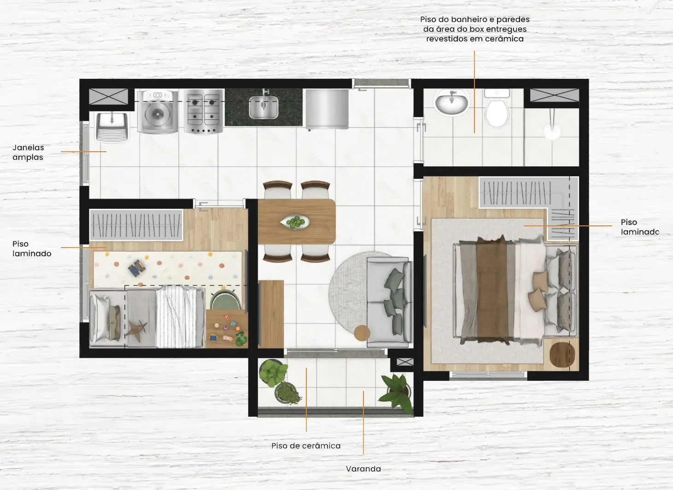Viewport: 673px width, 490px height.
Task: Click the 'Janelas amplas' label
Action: tap(28, 153)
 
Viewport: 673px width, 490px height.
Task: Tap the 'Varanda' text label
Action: tap(363, 469)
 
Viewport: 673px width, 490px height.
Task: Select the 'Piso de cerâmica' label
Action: tap(306, 445)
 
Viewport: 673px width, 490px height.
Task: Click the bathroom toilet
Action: tap(497, 108)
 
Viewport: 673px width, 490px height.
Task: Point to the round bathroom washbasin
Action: tap(451, 102)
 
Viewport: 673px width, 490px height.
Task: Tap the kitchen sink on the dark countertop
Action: tap(263, 107)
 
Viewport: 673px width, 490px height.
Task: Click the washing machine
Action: tap(158, 112)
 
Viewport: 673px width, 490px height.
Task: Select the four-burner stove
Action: tap(204, 111)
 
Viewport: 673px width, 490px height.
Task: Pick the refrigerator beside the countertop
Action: tap(327, 109)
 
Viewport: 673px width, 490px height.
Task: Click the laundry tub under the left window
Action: tap(112, 126)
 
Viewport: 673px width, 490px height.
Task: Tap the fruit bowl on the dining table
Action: tap(295, 222)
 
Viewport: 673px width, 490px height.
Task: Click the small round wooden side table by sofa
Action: tap(362, 333)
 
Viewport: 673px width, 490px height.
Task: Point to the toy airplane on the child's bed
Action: tap(136, 331)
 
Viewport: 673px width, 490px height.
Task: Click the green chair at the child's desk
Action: tap(225, 300)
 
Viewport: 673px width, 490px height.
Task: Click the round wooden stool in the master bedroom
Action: tap(562, 354)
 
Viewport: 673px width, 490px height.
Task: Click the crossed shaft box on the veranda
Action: tap(405, 362)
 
